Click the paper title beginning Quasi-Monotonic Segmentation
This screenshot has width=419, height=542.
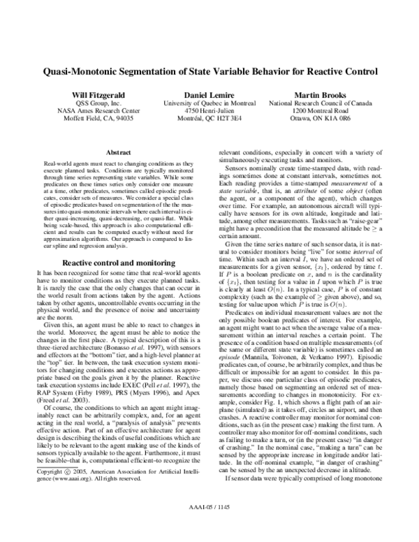point(209,71)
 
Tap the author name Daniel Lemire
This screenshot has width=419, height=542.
point(209,94)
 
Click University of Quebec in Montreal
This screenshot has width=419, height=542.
point(209,103)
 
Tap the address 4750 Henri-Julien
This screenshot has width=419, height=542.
point(209,111)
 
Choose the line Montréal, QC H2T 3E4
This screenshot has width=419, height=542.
point(209,119)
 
